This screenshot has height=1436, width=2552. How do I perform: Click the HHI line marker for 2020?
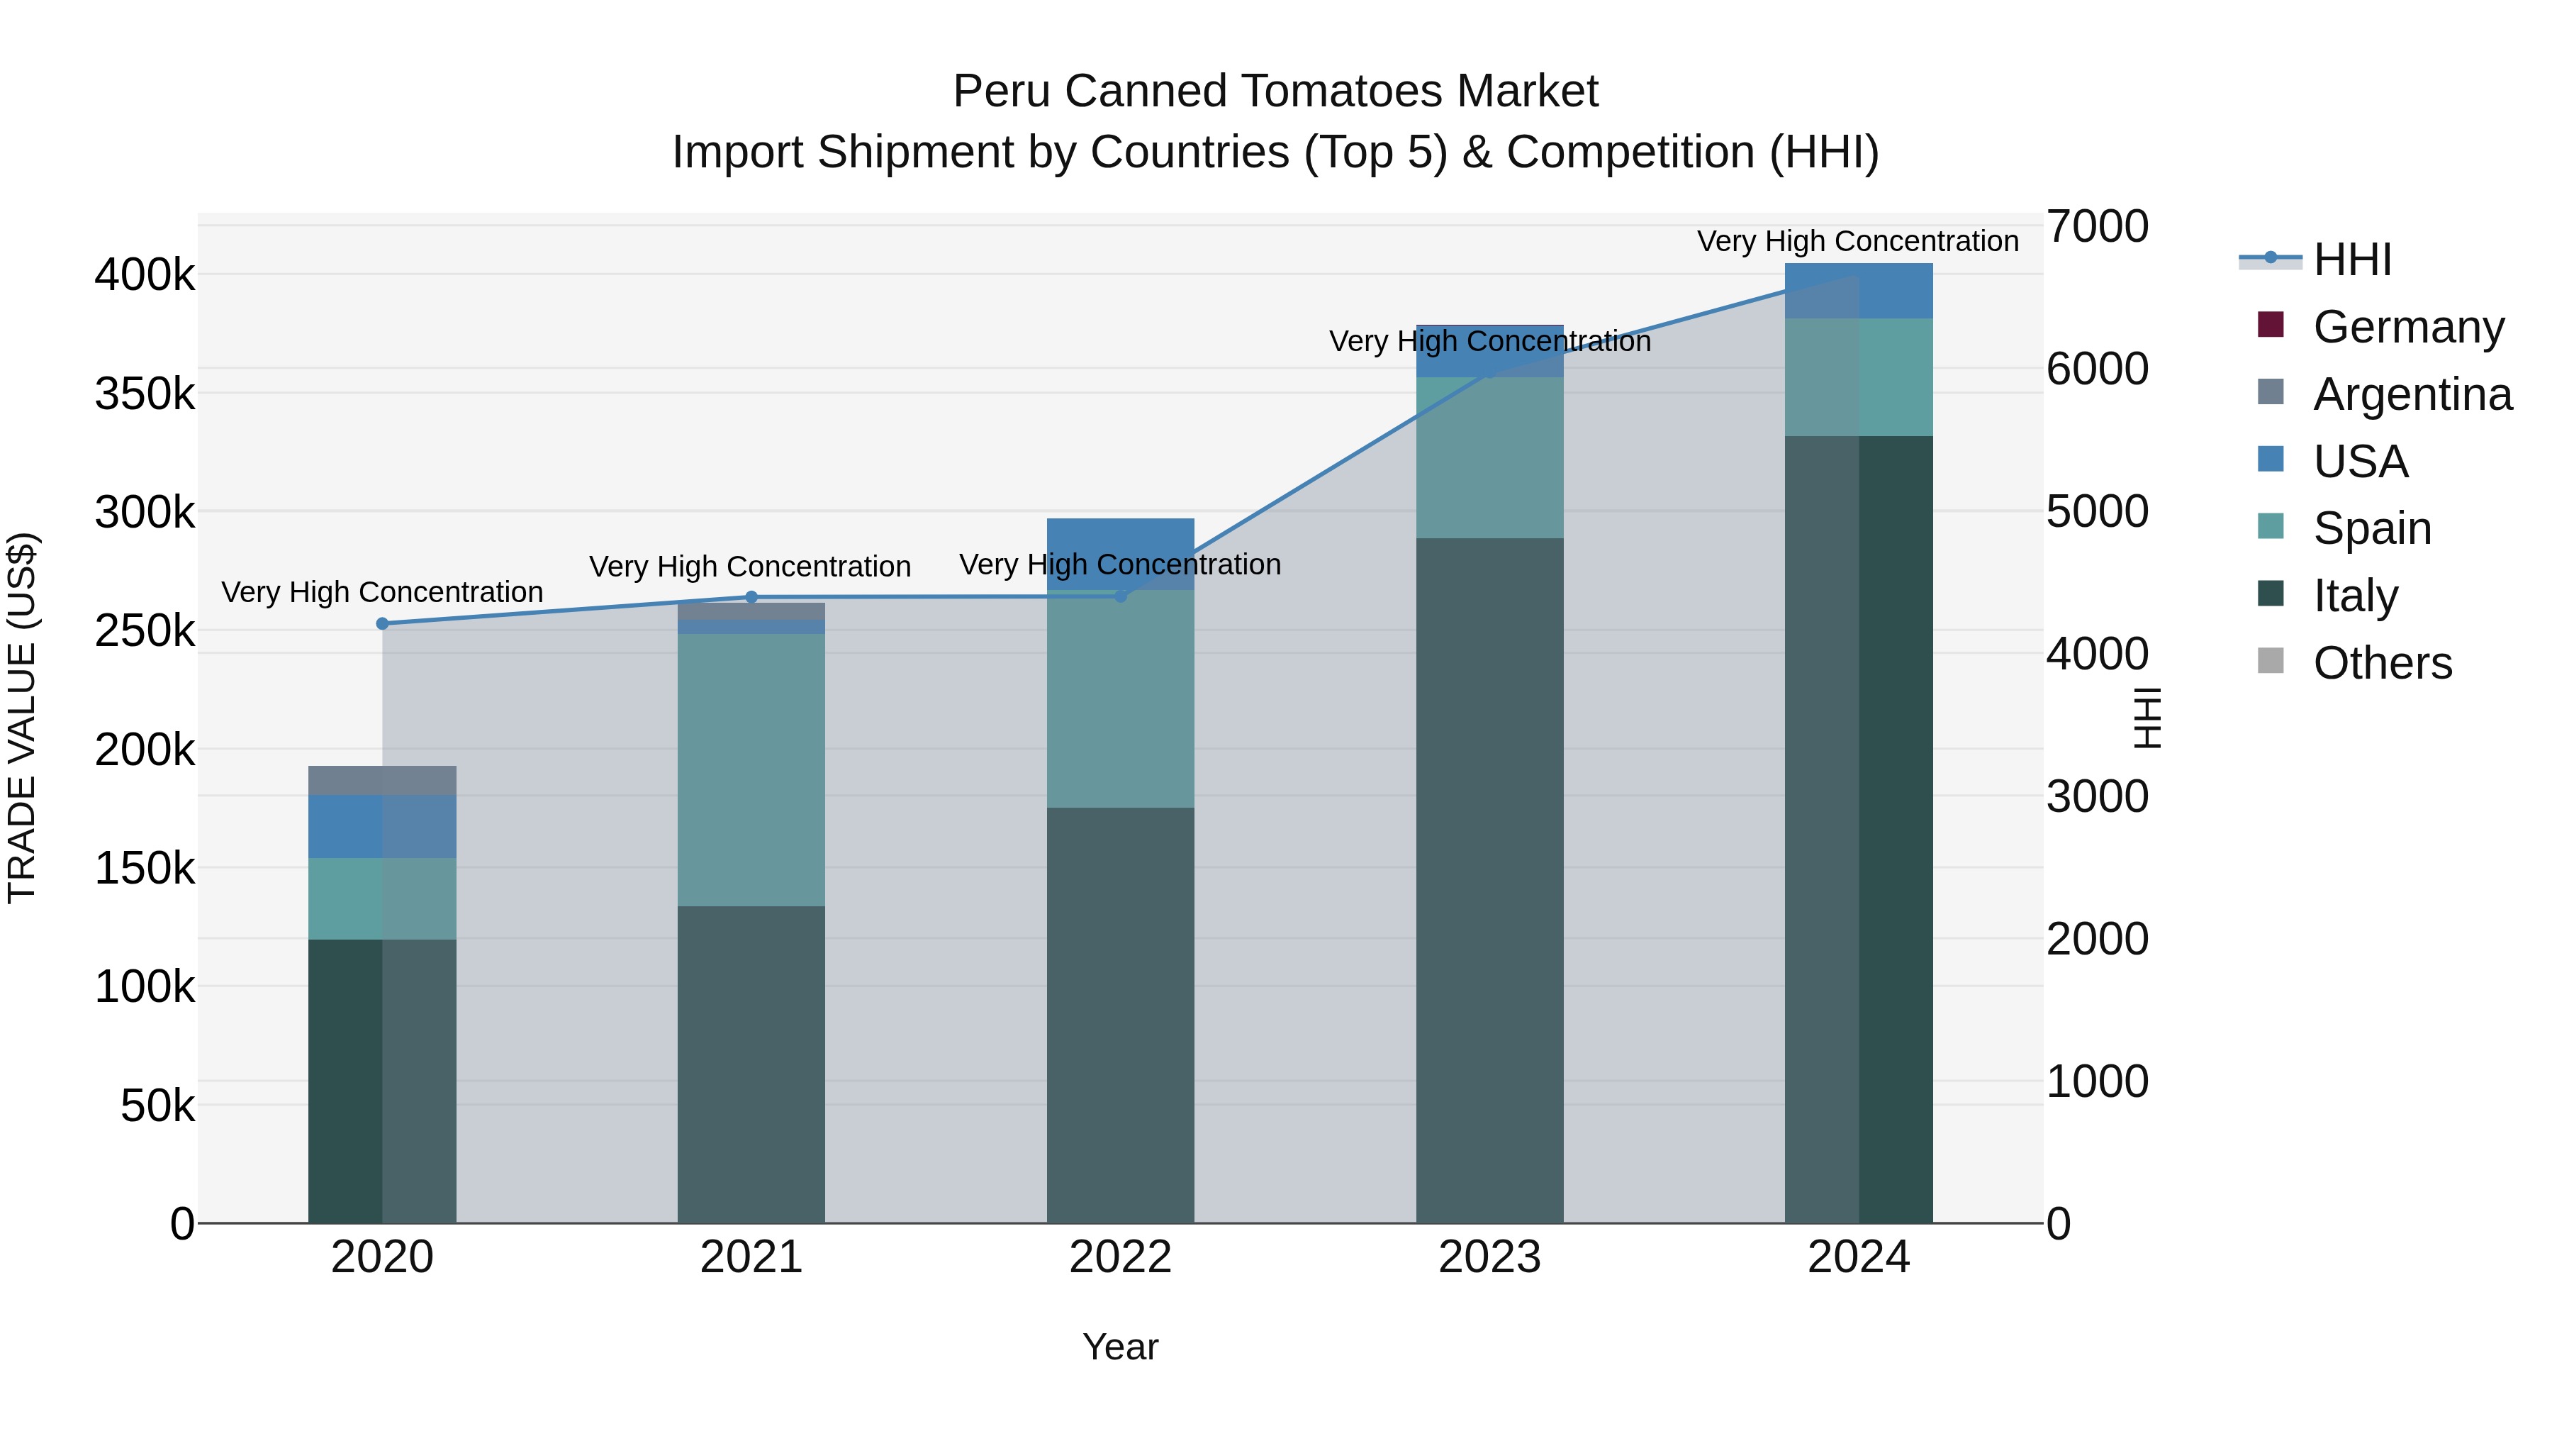pyautogui.click(x=382, y=623)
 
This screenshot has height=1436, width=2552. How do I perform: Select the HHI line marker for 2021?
pyautogui.click(x=751, y=596)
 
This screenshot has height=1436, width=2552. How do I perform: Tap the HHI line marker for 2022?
pyautogui.click(x=1121, y=596)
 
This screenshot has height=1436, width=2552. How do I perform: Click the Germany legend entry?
pyautogui.click(x=2407, y=326)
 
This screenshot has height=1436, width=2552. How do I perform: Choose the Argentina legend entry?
pyautogui.click(x=2412, y=394)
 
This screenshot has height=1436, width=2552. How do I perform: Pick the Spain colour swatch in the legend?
pyautogui.click(x=2270, y=526)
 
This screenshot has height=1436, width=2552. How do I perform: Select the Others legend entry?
pyautogui.click(x=2382, y=662)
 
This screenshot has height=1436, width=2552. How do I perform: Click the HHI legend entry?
pyautogui.click(x=2352, y=260)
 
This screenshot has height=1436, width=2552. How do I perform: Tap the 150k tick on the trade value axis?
pyautogui.click(x=145, y=868)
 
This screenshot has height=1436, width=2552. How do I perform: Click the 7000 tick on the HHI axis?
pyautogui.click(x=2098, y=226)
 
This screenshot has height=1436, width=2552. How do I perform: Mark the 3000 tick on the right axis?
pyautogui.click(x=2098, y=796)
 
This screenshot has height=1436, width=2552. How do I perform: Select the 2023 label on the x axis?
pyautogui.click(x=1489, y=1257)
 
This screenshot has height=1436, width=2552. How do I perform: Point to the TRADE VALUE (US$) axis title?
pyautogui.click(x=22, y=718)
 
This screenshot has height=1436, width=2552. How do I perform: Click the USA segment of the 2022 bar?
pyautogui.click(x=1121, y=553)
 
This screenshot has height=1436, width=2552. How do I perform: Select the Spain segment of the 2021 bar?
pyautogui.click(x=751, y=769)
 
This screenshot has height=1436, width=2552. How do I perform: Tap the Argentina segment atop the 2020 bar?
pyautogui.click(x=382, y=780)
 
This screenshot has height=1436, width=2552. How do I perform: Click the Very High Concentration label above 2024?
pyautogui.click(x=1857, y=241)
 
